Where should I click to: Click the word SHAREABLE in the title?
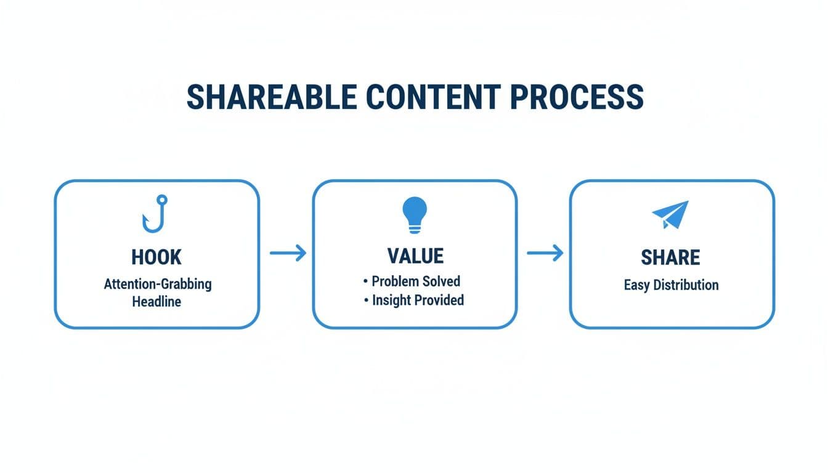[271, 97]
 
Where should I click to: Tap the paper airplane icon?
[670, 215]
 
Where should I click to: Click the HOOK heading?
[156, 257]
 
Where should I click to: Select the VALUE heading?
[415, 256]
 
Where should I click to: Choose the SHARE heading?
[670, 257]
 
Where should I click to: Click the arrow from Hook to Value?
[288, 253]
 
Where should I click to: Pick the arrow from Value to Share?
[545, 253]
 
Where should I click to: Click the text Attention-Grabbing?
[158, 284]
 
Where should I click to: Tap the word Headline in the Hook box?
[156, 302]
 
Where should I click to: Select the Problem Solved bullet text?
[416, 281]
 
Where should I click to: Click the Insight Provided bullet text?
[418, 300]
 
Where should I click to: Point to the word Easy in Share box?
[637, 285]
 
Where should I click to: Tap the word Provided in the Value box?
[439, 300]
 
